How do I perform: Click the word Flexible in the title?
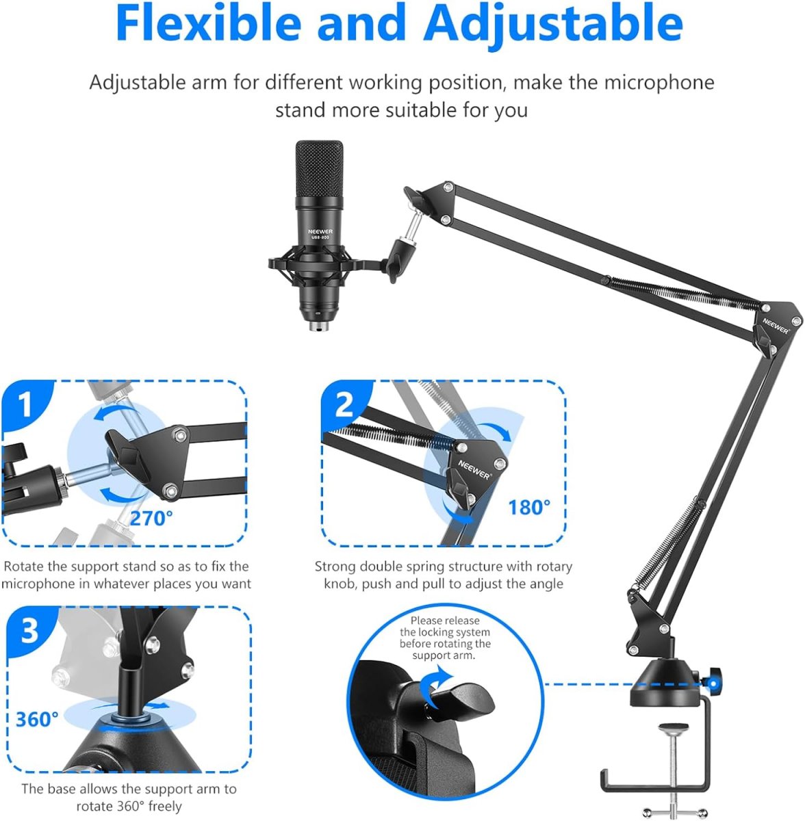pos(209,22)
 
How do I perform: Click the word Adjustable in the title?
pos(553,24)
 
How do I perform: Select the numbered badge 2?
pos(344,405)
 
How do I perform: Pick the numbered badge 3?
pos(29,631)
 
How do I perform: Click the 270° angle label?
pos(151,518)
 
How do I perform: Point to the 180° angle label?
pos(529,507)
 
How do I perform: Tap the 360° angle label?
pos(37,719)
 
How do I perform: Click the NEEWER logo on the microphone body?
pos(320,232)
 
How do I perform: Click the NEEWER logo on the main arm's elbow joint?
pos(776,326)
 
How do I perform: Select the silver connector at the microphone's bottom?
pos(319,326)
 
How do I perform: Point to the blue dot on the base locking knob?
pos(713,684)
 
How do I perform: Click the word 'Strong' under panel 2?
pos(335,567)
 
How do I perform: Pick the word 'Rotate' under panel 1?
pos(24,566)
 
